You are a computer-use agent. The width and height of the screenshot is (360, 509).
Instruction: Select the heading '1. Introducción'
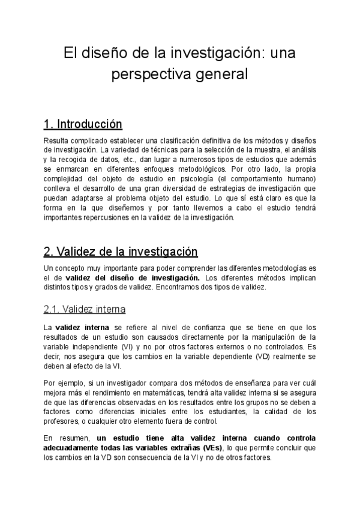coord(83,124)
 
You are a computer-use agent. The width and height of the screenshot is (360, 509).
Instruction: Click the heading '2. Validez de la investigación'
coord(121,250)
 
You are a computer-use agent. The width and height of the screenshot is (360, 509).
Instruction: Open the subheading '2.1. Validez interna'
coord(85,309)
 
